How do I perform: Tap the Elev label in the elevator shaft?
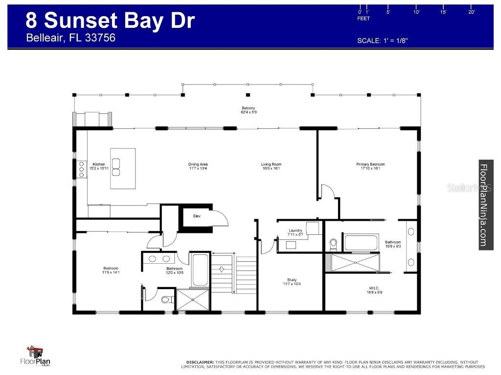tap(197, 216)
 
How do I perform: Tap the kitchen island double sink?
tap(116, 167)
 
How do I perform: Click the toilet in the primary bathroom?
tap(334, 244)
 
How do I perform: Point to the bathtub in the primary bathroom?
tap(361, 243)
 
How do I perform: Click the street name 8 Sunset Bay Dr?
tap(110, 21)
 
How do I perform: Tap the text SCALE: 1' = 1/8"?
tap(383, 41)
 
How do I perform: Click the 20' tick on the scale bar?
tap(472, 12)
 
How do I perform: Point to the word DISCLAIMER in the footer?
tap(200, 362)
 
